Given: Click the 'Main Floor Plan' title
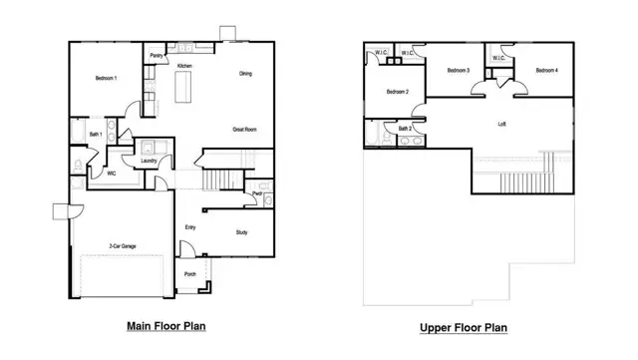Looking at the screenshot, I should pyautogui.click(x=166, y=325).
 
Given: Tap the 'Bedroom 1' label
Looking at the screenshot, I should pyautogui.click(x=106, y=78).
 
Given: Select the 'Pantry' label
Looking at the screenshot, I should pyautogui.click(x=157, y=57).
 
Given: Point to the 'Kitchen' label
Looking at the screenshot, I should pyautogui.click(x=184, y=66).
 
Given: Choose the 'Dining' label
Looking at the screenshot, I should pyautogui.click(x=245, y=74).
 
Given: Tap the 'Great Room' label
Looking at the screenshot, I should pyautogui.click(x=246, y=130).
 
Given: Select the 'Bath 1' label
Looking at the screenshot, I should pyautogui.click(x=96, y=134).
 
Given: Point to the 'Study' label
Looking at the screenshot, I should pyautogui.click(x=241, y=231).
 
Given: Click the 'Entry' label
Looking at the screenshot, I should pyautogui.click(x=189, y=227).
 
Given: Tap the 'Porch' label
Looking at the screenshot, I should pyautogui.click(x=189, y=273).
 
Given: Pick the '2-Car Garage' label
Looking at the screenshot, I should pyautogui.click(x=124, y=246).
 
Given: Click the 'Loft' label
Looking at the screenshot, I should pyautogui.click(x=502, y=125).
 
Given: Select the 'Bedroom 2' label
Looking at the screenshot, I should pyautogui.click(x=398, y=93).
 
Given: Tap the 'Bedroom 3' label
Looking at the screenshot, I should pyautogui.click(x=459, y=71).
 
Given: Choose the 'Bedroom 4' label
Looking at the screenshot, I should pyautogui.click(x=546, y=71).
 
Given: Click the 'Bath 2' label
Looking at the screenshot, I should pyautogui.click(x=405, y=129).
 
